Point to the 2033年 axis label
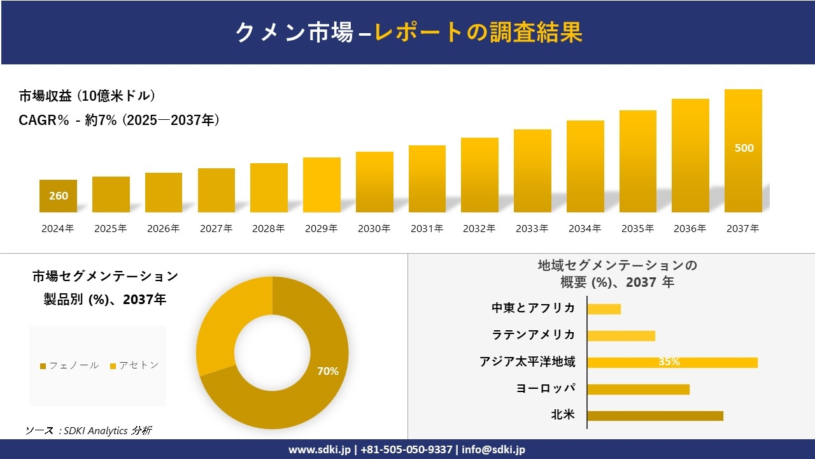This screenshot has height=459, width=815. pyautogui.click(x=532, y=228)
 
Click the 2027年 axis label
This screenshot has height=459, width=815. pyautogui.click(x=216, y=228)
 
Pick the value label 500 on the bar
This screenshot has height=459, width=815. pyautogui.click(x=744, y=148)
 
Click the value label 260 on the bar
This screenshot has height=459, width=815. pyautogui.click(x=59, y=196)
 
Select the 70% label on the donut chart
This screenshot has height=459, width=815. pyautogui.click(x=328, y=371)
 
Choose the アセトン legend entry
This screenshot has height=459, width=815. pyautogui.click(x=134, y=365)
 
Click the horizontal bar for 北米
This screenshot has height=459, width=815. pyautogui.click(x=655, y=416)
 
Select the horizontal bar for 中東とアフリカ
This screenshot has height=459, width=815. pyautogui.click(x=604, y=309)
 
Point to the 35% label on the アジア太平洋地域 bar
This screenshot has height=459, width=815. pyautogui.click(x=669, y=362)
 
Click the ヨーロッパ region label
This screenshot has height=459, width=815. pyautogui.click(x=545, y=388)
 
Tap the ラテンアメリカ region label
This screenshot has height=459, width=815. pyautogui.click(x=533, y=335)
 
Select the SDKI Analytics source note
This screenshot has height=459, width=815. pyautogui.click(x=88, y=430)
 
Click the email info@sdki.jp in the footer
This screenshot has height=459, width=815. pyautogui.click(x=493, y=449)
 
